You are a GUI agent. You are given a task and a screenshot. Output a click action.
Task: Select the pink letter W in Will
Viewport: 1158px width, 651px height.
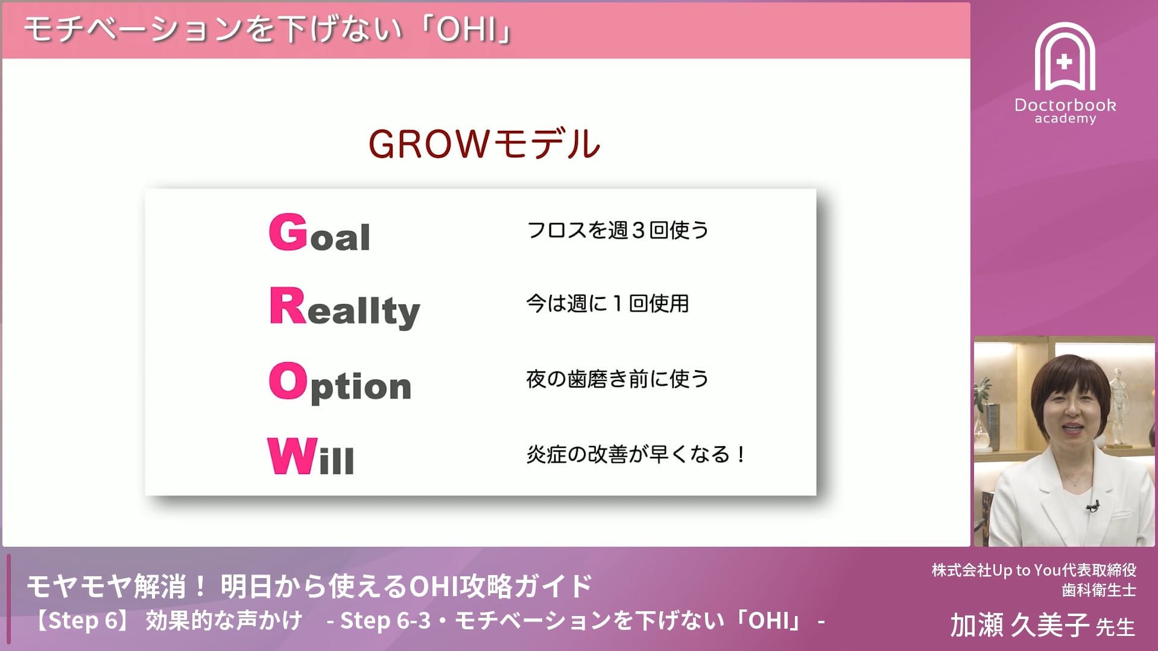[x=292, y=456]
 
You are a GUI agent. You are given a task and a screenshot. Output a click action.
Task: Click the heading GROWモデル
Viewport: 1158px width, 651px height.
[x=484, y=145]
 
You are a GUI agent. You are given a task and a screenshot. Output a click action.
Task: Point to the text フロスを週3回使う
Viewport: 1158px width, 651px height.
[x=617, y=230]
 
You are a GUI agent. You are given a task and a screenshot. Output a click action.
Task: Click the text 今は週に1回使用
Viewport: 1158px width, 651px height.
[x=607, y=303]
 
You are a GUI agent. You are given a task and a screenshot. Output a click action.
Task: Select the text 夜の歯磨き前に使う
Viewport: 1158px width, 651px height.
[x=617, y=379]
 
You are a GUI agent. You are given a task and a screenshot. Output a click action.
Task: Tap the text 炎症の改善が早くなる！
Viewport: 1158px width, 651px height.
[x=636, y=454]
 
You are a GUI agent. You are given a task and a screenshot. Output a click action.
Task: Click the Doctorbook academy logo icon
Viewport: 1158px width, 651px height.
[x=1065, y=57]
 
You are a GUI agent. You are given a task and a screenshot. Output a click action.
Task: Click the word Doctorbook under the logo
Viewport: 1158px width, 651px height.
[x=1065, y=105]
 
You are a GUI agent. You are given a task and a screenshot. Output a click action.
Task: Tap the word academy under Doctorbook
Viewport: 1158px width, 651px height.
[x=1065, y=119]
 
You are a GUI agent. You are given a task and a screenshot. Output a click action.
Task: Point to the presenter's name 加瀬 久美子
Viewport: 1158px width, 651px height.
[x=1019, y=625]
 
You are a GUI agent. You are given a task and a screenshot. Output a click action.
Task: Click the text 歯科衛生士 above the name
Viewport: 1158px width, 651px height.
[x=1098, y=590]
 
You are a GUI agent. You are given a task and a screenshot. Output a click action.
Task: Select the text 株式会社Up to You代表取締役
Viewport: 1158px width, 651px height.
[x=1034, y=570]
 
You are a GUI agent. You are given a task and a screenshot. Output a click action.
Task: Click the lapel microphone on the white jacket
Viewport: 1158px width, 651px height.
[x=1093, y=506]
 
